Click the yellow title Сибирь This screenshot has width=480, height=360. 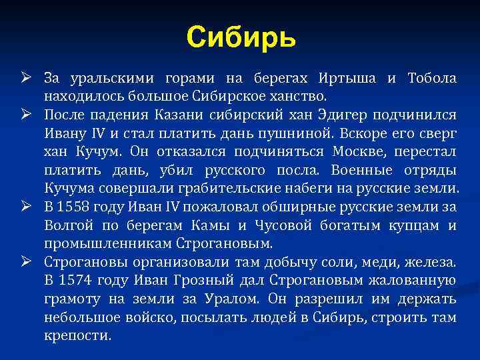click(240, 37)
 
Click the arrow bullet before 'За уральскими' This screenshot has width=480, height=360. click(27, 79)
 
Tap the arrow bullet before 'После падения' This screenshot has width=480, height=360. click(27, 115)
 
